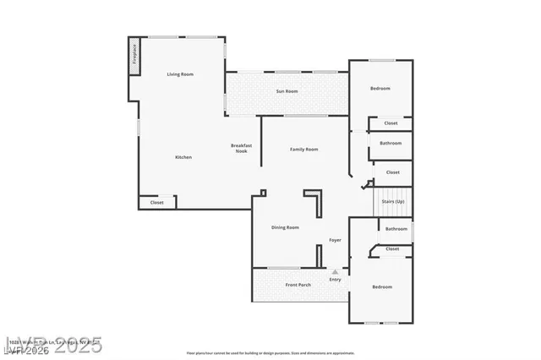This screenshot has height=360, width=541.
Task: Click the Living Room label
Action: (180, 74)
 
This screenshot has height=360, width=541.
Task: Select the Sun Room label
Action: (287, 90)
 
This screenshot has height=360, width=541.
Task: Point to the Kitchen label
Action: (183, 157)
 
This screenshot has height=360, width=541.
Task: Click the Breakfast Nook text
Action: (241, 148)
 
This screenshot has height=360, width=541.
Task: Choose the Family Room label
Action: (303, 150)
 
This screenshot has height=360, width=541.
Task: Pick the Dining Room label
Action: (285, 227)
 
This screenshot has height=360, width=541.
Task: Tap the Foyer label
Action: (335, 241)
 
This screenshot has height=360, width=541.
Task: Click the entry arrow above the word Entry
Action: (335, 271)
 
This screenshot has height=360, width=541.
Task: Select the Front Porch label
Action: (298, 285)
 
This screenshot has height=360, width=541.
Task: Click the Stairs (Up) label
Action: (392, 202)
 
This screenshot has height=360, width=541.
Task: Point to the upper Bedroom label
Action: (380, 89)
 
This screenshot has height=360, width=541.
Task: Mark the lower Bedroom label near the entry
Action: (382, 287)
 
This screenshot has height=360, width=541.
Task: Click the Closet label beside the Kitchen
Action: (157, 203)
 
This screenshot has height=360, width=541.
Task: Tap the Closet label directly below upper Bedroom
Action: (391, 123)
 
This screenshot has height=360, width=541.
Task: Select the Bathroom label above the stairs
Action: (391, 143)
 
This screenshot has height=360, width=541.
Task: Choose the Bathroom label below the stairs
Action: (396, 229)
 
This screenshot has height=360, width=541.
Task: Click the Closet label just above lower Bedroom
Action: (392, 249)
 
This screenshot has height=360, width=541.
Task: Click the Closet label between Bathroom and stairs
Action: (392, 172)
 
